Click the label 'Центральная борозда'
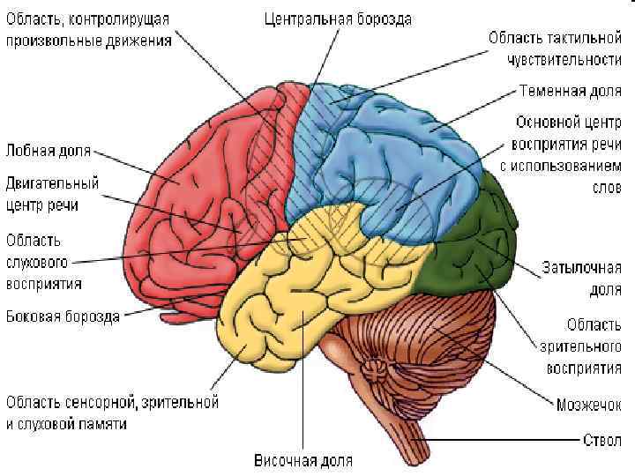pyautogui.click(x=338, y=19)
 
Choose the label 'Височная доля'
pyautogui.click(x=303, y=460)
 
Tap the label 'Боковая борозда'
pyautogui.click(x=63, y=316)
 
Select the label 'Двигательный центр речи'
pyautogui.click(x=52, y=194)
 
